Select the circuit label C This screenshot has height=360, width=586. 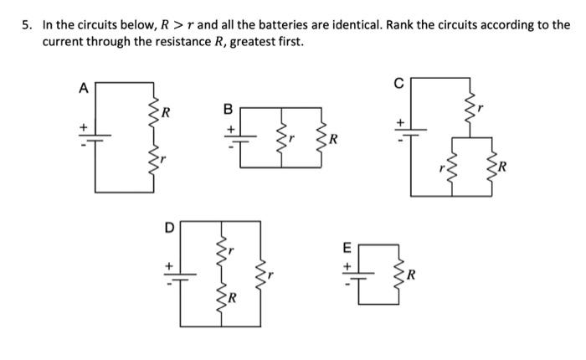pyautogui.click(x=399, y=82)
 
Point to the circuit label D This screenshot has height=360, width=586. pyautogui.click(x=168, y=227)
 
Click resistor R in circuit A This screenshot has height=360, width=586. pyautogui.click(x=152, y=111)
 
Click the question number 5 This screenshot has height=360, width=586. pyautogui.click(x=27, y=25)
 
